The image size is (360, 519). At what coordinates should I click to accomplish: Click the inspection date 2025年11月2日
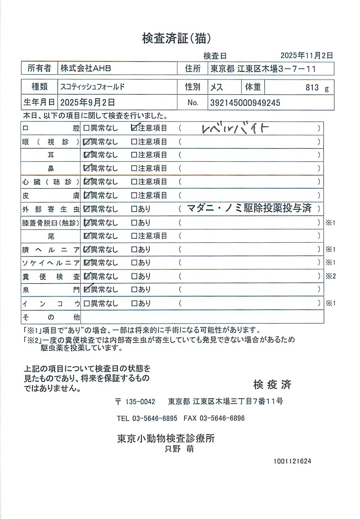pos(307,55)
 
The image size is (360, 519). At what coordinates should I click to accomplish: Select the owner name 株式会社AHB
pos(85,68)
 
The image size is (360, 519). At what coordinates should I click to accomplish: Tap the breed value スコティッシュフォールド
pos(92,87)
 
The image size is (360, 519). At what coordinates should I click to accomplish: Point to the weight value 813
pos(312,88)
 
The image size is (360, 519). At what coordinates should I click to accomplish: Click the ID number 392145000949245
pos(245,103)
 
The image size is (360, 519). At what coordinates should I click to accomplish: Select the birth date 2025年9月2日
pos(88,103)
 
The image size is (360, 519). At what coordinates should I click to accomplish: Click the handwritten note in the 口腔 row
pos(235,128)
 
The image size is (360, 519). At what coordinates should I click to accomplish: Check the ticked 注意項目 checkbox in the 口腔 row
pos(134,128)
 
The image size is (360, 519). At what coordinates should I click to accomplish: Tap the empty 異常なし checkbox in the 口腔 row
pos(86,128)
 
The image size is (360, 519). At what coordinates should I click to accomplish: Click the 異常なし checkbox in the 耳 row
pos(87,155)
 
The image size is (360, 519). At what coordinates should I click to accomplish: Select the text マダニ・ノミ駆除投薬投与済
pos(249,208)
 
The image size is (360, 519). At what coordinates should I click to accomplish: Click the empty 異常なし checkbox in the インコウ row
pos(86,303)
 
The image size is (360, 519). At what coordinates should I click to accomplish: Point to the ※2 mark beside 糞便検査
pos(330,276)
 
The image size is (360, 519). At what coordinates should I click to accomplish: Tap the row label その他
pos(51,317)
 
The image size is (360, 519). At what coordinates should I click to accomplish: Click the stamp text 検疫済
pos(272,384)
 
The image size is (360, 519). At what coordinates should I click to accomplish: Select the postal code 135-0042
pos(140,402)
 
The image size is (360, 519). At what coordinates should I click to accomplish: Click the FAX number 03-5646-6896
pos(222,418)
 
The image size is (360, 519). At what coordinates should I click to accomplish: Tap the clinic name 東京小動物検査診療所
pos(166,438)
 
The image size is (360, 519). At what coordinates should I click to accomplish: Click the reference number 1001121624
pos(292,461)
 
